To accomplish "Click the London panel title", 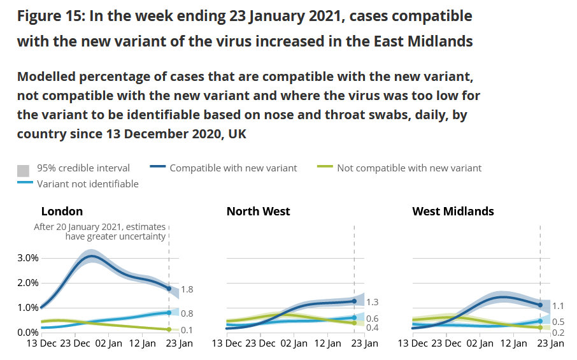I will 62,212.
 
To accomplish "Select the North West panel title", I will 258,212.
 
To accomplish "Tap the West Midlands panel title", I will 453,212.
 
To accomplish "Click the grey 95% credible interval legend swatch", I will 23,170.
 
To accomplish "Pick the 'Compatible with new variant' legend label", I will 233,168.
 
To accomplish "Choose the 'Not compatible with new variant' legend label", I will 409,168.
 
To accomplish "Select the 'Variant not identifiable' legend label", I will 87,184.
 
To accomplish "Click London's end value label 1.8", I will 187,290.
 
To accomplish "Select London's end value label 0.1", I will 187,330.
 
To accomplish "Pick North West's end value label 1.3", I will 373,302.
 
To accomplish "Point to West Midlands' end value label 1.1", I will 559,306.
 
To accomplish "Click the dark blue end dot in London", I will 169,289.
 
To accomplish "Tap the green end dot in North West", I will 354,323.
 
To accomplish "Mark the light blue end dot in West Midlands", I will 540,320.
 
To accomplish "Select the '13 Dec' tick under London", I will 40,343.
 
